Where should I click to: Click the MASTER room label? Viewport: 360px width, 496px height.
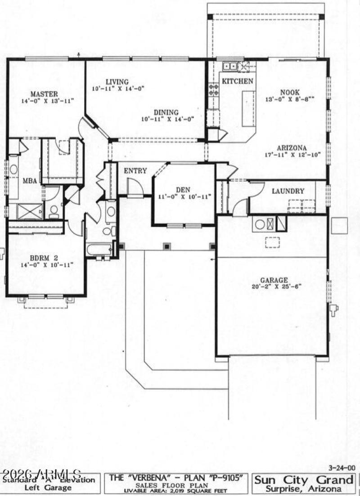44,94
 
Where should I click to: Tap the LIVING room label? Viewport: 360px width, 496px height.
117,82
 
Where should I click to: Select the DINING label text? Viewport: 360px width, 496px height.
166,112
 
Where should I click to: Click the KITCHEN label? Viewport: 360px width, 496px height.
238,81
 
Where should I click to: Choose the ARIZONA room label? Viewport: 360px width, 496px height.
292,148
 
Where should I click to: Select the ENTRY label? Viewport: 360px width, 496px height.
136,170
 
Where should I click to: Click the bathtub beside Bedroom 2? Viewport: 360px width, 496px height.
99,249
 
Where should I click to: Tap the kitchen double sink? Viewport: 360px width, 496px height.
230,67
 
